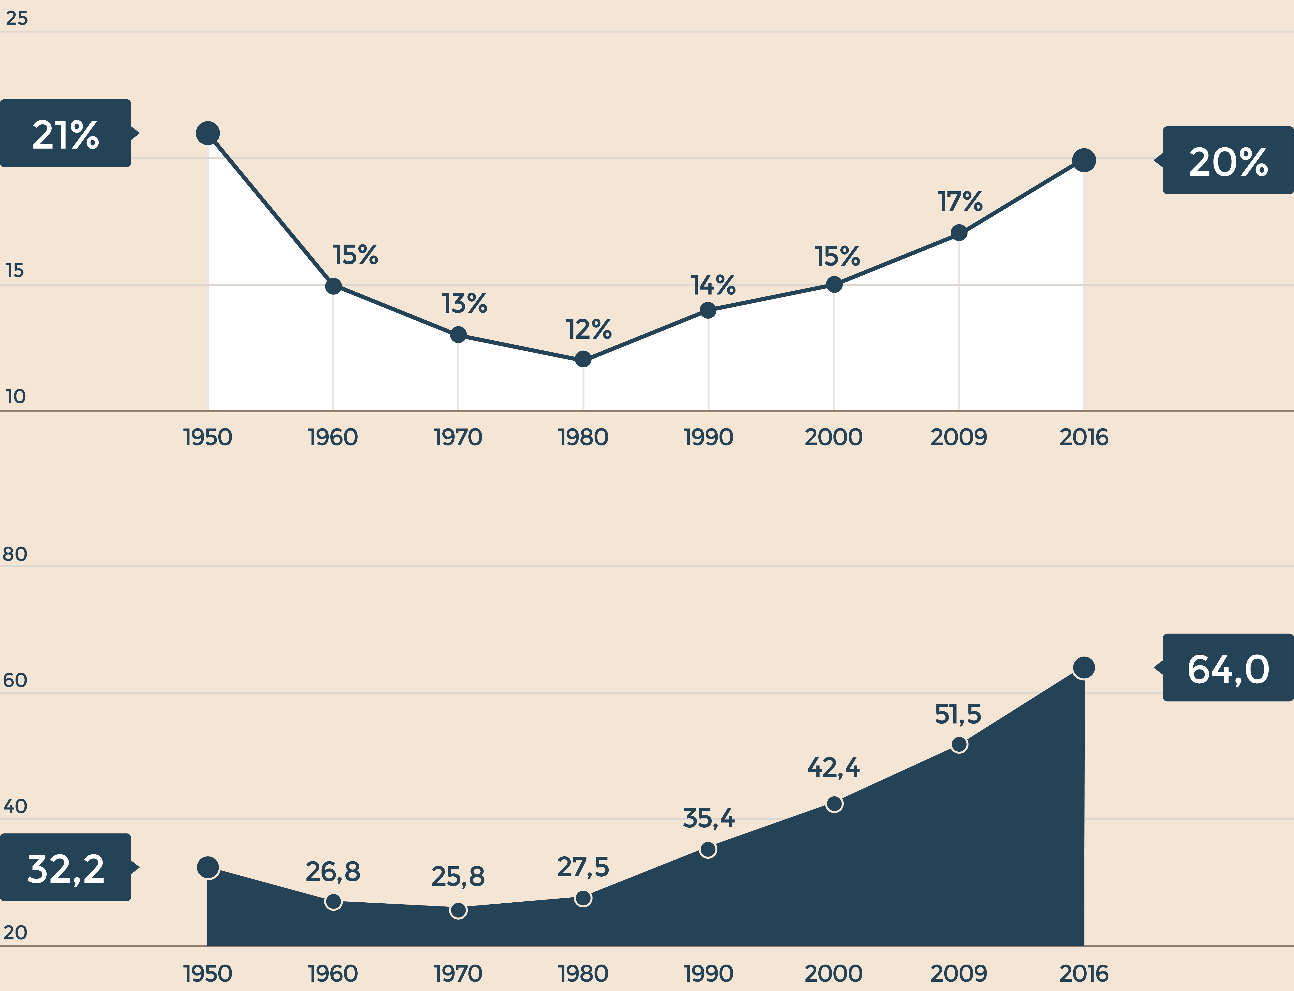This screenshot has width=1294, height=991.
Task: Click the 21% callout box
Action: pos(65,133)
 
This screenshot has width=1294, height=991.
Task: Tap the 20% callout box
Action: pos(1228,161)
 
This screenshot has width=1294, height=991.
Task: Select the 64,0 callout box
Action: pos(1228,668)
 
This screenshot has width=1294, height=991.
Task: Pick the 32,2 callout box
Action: pos(65,867)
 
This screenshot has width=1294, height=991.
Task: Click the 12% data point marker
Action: pos(583,359)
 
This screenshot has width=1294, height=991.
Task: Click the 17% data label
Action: pos(960,202)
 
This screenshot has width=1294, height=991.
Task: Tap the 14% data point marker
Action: pos(708,310)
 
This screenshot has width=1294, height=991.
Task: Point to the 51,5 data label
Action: pos(958,714)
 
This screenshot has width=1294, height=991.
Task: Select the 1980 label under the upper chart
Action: pos(583,437)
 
